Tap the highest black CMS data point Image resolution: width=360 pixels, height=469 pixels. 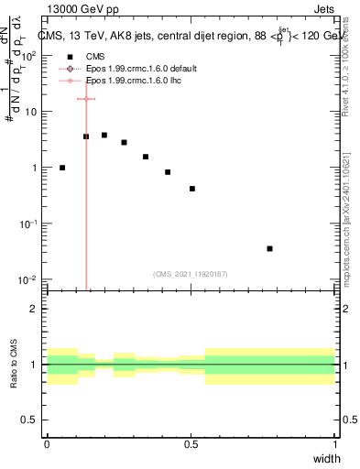tap(104, 135)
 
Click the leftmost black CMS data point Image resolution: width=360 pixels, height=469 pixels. tap(62, 168)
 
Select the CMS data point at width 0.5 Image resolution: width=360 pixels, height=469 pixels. tap(192, 189)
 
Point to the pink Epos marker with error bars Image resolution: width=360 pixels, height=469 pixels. tap(86, 99)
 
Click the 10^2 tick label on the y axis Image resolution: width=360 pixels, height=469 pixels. tap(28, 55)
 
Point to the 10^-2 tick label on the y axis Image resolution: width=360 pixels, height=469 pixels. tap(28, 279)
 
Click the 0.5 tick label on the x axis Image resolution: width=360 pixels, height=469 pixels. tap(191, 443)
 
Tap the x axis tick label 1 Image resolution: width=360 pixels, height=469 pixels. tap(335, 443)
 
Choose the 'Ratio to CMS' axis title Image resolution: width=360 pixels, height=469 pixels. tap(13, 365)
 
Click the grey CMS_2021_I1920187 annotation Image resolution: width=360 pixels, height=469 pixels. tap(191, 274)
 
